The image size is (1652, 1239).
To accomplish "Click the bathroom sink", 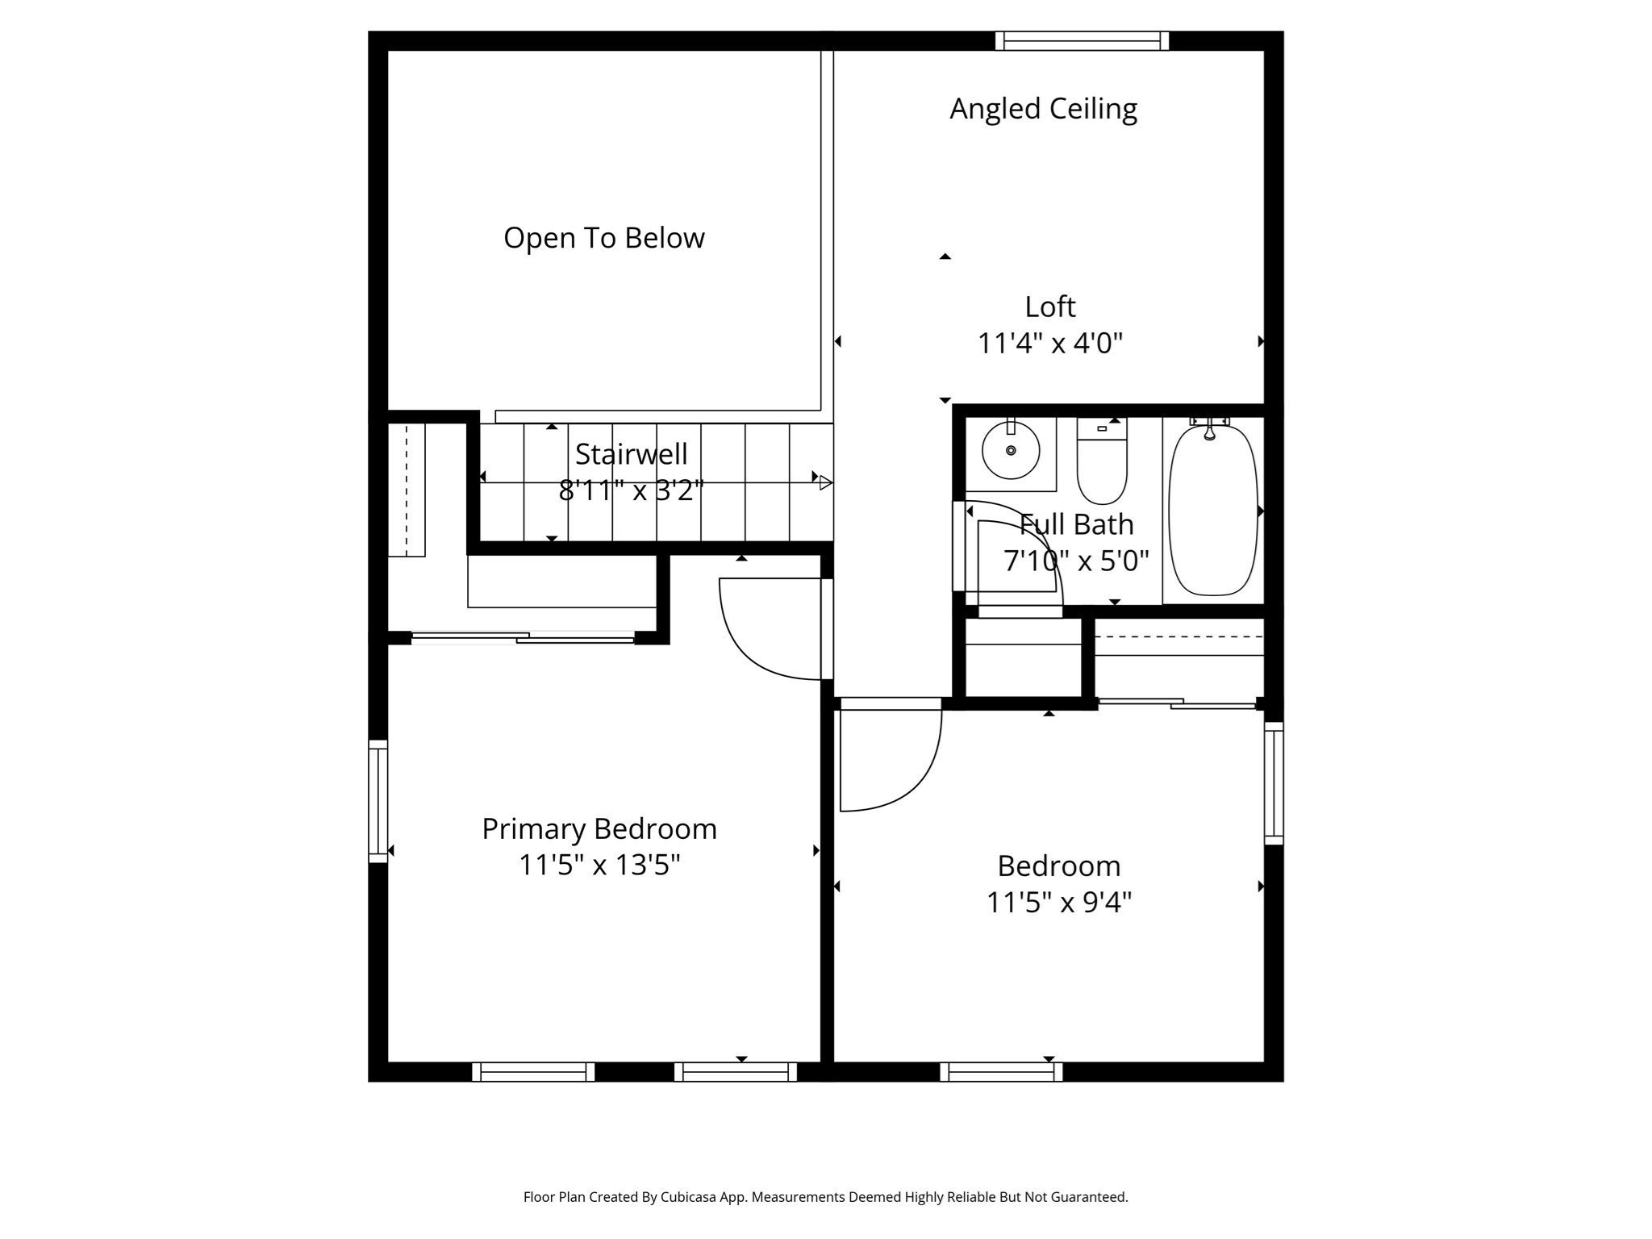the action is click(x=1011, y=450).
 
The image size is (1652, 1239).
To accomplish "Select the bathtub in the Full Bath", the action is click(x=1213, y=510).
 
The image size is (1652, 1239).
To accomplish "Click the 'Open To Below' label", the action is click(x=604, y=238).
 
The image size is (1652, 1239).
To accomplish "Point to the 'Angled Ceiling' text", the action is click(x=1043, y=109).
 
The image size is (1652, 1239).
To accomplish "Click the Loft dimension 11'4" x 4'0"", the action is click(x=1050, y=344).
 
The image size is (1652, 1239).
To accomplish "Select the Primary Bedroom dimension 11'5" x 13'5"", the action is click(x=599, y=865).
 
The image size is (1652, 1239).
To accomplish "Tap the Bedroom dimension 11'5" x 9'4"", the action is click(x=1059, y=902).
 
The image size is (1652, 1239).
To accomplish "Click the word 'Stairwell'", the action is click(x=632, y=454).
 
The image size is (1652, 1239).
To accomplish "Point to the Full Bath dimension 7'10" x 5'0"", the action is click(x=1076, y=560).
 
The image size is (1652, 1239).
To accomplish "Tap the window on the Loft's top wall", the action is click(x=1082, y=40).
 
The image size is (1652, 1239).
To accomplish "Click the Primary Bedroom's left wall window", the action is click(x=378, y=801).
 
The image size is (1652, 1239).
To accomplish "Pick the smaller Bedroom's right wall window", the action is click(x=1274, y=782).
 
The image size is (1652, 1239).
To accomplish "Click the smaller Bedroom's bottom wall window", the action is click(x=1001, y=1072).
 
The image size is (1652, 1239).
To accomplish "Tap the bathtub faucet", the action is click(x=1210, y=428).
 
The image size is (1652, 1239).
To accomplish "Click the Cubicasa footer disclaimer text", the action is click(x=826, y=1197).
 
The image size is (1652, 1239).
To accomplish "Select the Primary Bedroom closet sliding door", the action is click(x=523, y=638).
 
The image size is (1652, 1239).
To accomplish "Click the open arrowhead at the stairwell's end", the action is click(x=826, y=482).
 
